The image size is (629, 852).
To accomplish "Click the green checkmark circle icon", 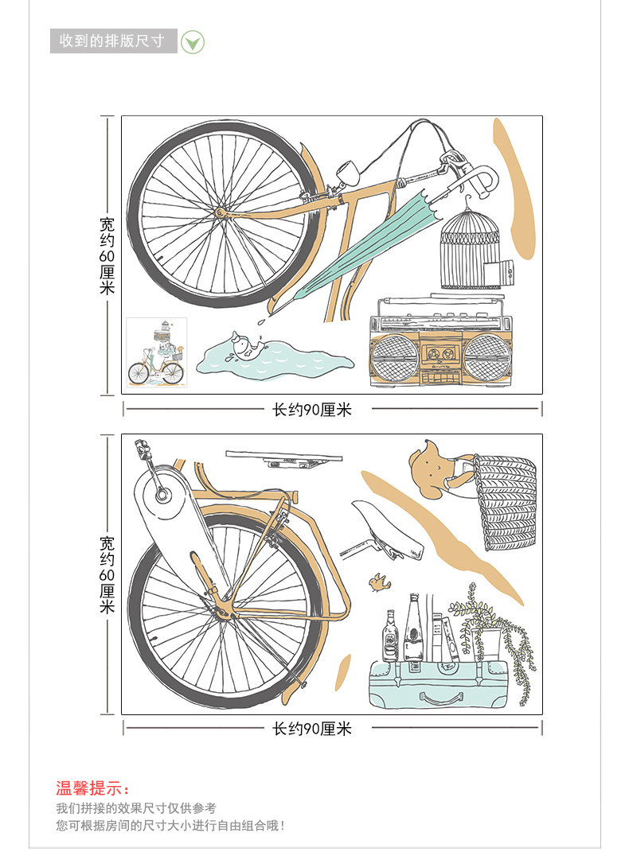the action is point(193,41).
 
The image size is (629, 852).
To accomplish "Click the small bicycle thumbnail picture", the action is point(157,352).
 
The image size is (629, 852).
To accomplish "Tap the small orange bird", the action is point(379,585).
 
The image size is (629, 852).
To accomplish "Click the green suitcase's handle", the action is point(442,699).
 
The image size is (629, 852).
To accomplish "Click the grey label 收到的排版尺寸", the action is point(112,41).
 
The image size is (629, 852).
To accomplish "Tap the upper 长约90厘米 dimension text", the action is point(311,410).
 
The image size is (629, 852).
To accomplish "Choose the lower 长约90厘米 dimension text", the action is point(311,728).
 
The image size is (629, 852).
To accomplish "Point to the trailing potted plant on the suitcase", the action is point(506,636).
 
